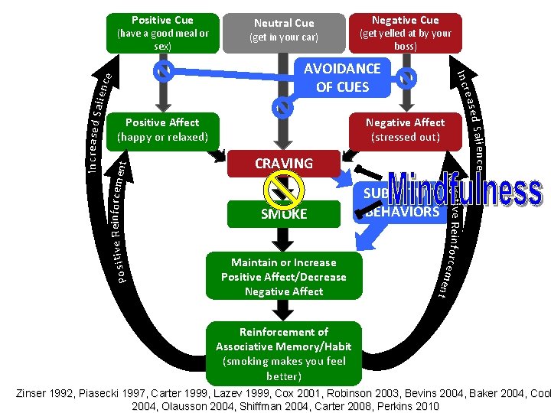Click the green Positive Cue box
162,33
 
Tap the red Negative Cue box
405,33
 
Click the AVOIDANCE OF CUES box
341,77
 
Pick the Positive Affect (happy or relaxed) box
162,130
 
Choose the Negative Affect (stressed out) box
404,130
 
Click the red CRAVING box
283,163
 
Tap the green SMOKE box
283,214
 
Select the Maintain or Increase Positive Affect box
283,277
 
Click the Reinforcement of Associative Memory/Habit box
283,354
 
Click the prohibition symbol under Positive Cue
161,71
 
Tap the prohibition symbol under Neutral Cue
282,103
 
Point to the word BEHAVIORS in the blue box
402,212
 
